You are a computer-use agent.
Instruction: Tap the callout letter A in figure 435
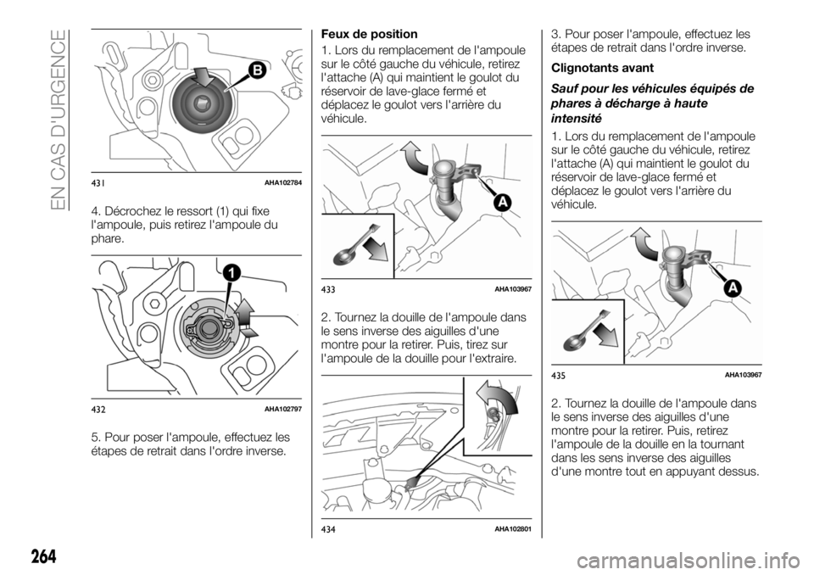[730, 288]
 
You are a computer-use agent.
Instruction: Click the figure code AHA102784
[283, 184]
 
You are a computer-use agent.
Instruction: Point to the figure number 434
[331, 529]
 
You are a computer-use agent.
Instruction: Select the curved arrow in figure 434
[495, 399]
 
